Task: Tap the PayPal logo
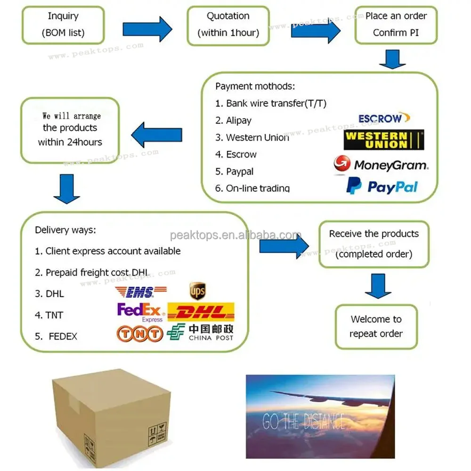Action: (382, 186)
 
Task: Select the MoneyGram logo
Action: (381, 165)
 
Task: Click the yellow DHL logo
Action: (201, 312)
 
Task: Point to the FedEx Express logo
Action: (140, 312)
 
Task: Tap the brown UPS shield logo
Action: (197, 291)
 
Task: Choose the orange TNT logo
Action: (140, 334)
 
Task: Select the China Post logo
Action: (200, 333)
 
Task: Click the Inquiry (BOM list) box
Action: (63, 25)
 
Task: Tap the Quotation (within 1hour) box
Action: (228, 25)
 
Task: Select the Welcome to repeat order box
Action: (376, 326)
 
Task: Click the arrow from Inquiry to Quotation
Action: (147, 29)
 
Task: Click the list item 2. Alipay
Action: (233, 121)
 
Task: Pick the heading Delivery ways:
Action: (65, 230)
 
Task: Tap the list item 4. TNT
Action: (49, 315)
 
